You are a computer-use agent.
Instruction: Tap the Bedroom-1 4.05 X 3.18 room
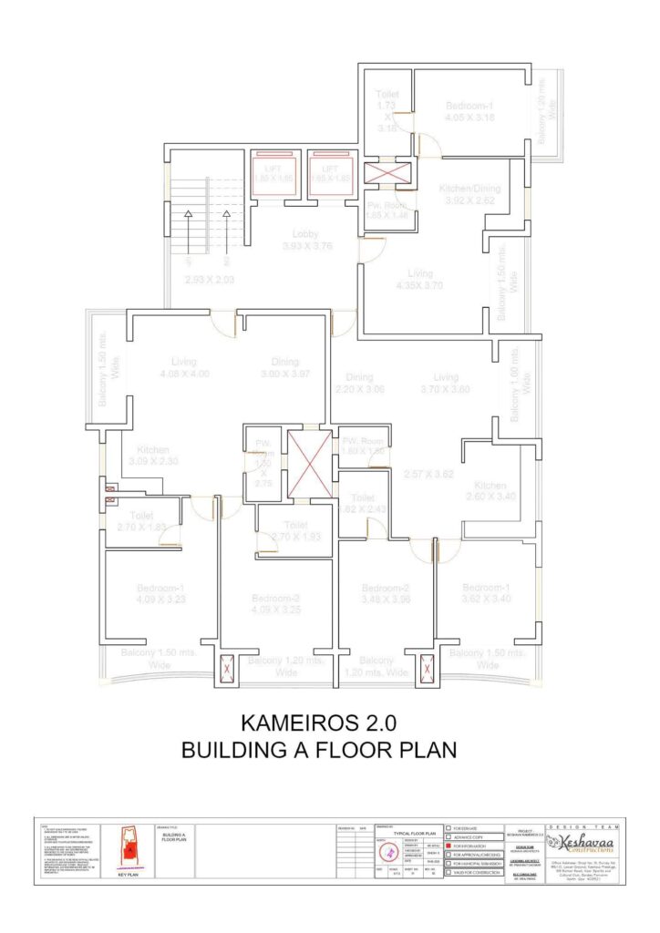tap(469, 111)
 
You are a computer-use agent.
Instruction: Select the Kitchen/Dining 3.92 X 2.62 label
tap(468, 194)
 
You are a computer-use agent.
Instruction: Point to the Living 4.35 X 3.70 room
tap(420, 279)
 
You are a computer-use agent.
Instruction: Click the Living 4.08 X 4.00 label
tap(183, 367)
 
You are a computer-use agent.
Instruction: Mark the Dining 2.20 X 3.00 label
tap(358, 383)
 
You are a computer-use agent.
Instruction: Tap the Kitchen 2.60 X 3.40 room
tap(490, 490)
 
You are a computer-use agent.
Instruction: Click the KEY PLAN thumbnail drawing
tap(130, 847)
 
